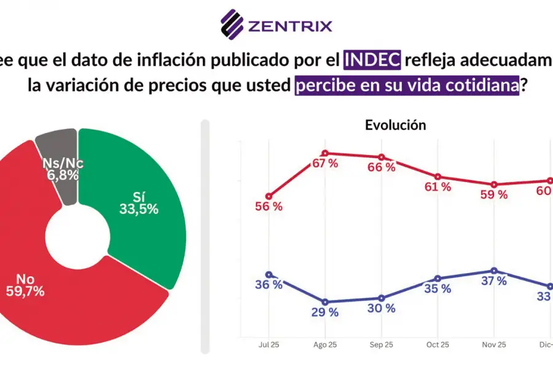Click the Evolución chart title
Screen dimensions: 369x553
pyautogui.click(x=395, y=125)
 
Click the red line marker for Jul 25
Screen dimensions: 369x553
pyautogui.click(x=269, y=196)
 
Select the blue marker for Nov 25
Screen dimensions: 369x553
pyautogui.click(x=494, y=271)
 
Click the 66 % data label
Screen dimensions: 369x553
pyautogui.click(x=382, y=168)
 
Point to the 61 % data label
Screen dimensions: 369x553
pyautogui.click(x=437, y=187)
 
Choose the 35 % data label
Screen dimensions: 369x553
pyautogui.click(x=437, y=288)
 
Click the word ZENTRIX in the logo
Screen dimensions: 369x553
pyautogui.click(x=289, y=26)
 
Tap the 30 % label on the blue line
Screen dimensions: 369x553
pyautogui.click(x=382, y=308)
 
